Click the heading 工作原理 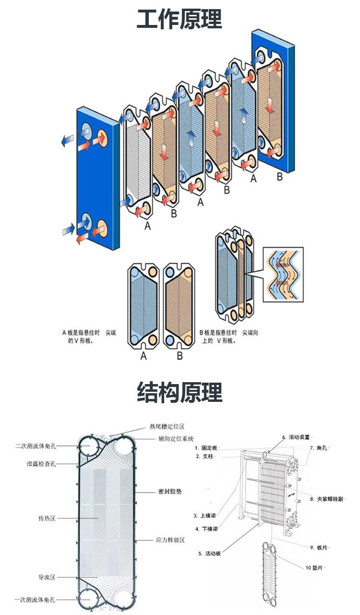pyautogui.click(x=180, y=20)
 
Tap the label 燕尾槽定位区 pyautogui.click(x=167, y=426)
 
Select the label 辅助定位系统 pyautogui.click(x=176, y=438)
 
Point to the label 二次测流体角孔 pyautogui.click(x=36, y=446)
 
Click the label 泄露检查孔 pyautogui.click(x=42, y=464)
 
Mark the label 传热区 pyautogui.click(x=47, y=519)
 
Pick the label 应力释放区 pyautogui.click(x=170, y=540)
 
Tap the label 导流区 pyautogui.click(x=47, y=577)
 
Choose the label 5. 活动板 pyautogui.click(x=209, y=554)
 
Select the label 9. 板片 pyautogui.click(x=319, y=547)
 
